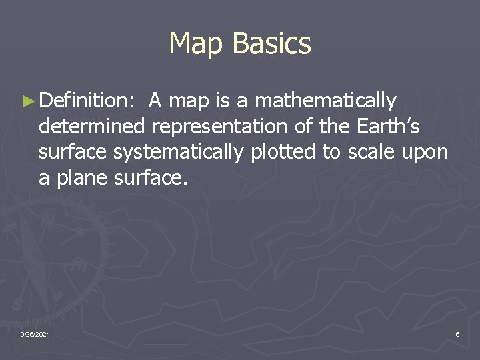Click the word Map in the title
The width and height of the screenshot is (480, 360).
pos(197,43)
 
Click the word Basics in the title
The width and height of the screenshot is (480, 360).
pos(272,43)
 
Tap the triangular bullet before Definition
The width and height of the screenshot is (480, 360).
pos(27,101)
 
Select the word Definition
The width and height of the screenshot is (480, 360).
pos(87,101)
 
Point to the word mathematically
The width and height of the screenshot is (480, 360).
pos(325,101)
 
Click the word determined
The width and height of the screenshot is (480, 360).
pos(91,127)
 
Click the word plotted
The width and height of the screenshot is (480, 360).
pos(285,153)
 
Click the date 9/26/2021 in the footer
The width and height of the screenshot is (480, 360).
pos(35,333)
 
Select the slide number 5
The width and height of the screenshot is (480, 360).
pos(457,333)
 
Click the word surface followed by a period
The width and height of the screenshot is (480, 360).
pos(151,178)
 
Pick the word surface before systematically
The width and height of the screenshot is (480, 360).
pos(73,153)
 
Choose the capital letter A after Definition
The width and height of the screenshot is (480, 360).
pos(156,101)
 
